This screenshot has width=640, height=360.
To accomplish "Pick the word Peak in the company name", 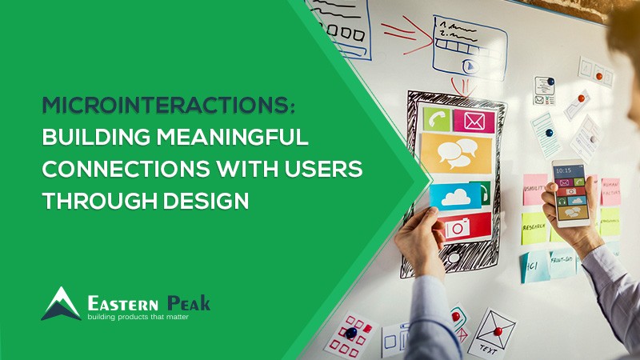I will [x=189, y=303].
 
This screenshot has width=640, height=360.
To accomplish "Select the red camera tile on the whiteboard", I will [x=458, y=227].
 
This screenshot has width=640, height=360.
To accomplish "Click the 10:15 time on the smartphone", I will [x=565, y=170].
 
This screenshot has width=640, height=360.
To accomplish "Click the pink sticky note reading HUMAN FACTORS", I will [x=610, y=192].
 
